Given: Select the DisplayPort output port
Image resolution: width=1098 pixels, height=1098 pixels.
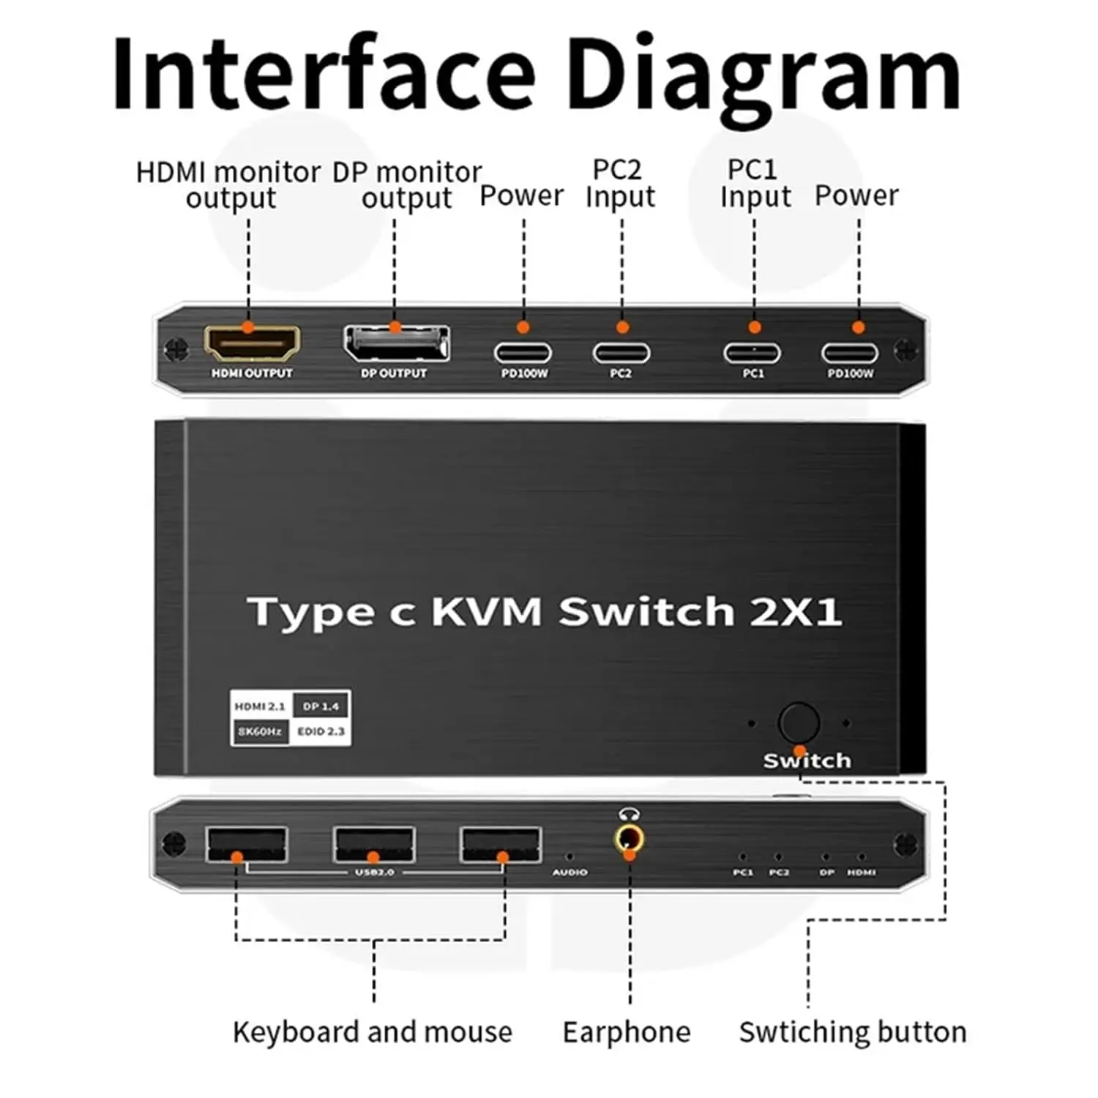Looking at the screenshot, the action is pyautogui.click(x=397, y=343).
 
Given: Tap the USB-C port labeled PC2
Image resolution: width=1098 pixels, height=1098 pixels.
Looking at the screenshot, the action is pyautogui.click(x=621, y=353).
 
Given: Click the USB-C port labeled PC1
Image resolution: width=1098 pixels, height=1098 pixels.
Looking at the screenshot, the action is pyautogui.click(x=752, y=353).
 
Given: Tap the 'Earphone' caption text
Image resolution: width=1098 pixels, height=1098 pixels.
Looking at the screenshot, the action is pyautogui.click(x=627, y=1032).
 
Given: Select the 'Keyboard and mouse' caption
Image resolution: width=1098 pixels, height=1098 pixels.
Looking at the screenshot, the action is pyautogui.click(x=373, y=1032).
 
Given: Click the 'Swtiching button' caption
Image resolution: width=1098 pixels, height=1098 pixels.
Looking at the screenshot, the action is pyautogui.click(x=853, y=1032).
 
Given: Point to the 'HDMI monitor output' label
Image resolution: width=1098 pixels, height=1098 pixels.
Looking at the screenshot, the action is pyautogui.click(x=229, y=185).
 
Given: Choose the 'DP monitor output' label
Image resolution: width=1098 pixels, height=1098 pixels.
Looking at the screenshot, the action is pyautogui.click(x=407, y=185).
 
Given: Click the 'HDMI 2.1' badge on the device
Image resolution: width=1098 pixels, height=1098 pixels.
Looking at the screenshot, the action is pyautogui.click(x=260, y=706).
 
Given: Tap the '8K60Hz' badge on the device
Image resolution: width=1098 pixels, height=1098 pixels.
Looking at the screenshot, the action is pyautogui.click(x=260, y=731).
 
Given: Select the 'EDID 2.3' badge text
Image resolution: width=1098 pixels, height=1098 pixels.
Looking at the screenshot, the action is pyautogui.click(x=321, y=731).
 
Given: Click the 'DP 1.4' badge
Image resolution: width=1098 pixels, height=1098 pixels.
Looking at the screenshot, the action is pyautogui.click(x=321, y=706).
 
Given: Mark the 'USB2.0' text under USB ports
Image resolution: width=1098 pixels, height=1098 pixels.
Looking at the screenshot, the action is pyautogui.click(x=375, y=872).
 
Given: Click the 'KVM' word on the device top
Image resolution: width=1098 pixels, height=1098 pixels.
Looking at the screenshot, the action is pyautogui.click(x=487, y=611).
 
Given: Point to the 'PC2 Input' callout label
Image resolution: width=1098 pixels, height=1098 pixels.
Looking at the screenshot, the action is pyautogui.click(x=620, y=183).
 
